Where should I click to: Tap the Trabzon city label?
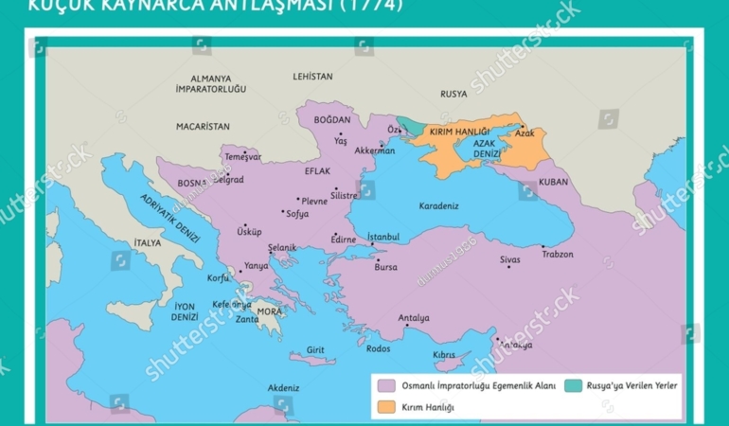(x=558, y=254)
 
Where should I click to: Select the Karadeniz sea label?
(x=438, y=204)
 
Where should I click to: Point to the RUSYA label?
(x=453, y=94)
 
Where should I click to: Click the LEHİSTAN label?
(x=312, y=76)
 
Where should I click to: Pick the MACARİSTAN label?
(x=203, y=126)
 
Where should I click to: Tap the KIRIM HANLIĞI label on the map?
(x=459, y=132)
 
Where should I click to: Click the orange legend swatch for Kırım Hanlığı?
(x=385, y=406)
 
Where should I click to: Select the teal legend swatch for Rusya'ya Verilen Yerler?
(x=573, y=386)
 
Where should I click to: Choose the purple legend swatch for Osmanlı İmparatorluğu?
(x=385, y=386)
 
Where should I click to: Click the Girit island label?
(x=315, y=349)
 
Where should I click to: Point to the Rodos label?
(x=378, y=348)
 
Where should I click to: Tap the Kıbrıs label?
(x=444, y=354)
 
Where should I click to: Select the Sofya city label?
(x=297, y=214)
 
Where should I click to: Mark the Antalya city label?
(x=414, y=318)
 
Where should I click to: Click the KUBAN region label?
(x=554, y=181)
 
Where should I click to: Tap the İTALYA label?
(x=147, y=243)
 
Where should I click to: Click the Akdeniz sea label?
(x=283, y=388)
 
